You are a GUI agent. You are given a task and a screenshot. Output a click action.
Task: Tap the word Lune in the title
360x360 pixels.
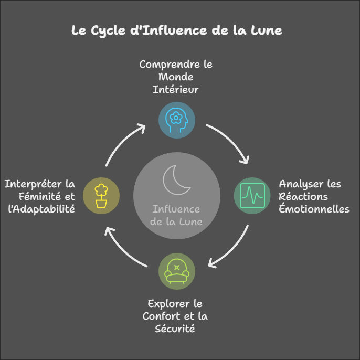pos(266,30)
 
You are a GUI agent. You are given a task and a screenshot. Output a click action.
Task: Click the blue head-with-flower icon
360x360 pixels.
pos(177,120)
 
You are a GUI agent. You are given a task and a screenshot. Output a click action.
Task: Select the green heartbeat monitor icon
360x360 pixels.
pos(251,195)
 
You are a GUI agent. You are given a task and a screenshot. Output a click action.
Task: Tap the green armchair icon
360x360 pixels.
pos(177,271)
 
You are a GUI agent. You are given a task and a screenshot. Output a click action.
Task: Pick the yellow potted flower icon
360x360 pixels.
pos(101,195)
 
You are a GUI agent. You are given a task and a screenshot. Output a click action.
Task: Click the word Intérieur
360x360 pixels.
pos(176,89)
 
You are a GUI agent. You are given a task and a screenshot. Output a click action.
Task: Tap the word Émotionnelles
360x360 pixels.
pos(314,209)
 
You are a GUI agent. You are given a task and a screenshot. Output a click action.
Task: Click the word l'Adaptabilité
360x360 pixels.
pos(39,209)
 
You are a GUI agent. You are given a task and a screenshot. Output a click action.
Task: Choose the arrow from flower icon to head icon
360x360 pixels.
pos(124,142)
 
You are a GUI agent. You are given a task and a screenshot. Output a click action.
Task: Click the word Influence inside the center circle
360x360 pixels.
pos(176,210)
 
